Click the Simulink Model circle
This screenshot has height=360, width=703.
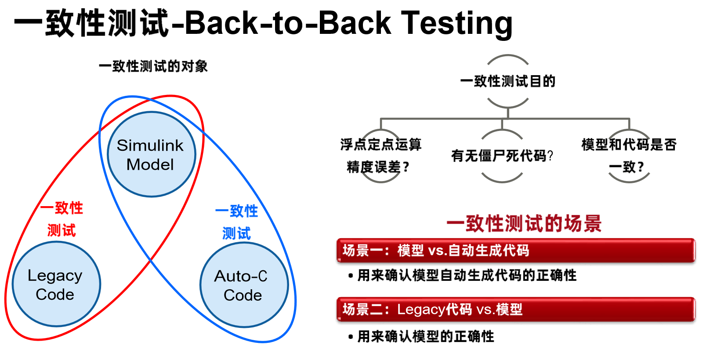coord(151,154)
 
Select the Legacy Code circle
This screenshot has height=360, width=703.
coord(56,284)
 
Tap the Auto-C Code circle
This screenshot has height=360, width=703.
coord(244,285)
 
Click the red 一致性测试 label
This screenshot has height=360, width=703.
coord(62,219)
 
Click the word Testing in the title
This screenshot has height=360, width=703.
coord(457,23)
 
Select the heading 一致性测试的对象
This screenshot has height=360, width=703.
coord(153,66)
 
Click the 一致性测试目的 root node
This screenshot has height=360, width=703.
coord(507,81)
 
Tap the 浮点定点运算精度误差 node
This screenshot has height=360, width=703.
coord(380,156)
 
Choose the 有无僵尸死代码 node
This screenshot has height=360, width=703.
coord(502,156)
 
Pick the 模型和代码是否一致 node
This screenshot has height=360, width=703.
coord(628,156)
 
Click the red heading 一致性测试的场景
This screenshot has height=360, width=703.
coord(524,224)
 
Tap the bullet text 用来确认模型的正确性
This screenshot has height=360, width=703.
coord(425,337)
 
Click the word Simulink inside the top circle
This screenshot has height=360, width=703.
coord(150,145)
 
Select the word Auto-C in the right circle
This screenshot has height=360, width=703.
coord(241,276)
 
